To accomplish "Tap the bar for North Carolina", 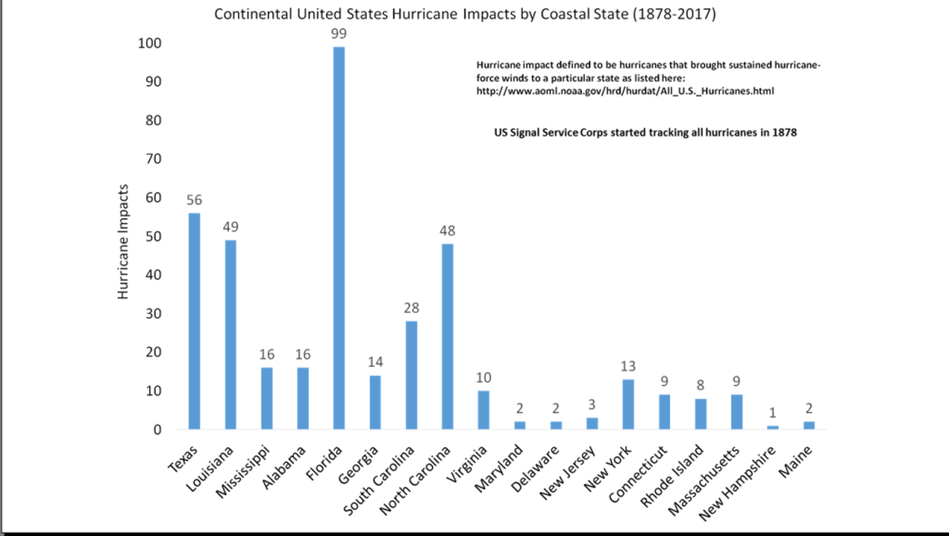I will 448,336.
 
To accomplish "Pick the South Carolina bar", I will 411,375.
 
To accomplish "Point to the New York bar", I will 629,404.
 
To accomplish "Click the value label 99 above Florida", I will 338,33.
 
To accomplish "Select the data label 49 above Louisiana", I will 231,226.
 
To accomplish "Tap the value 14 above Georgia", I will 375,362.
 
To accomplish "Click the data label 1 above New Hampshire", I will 773,413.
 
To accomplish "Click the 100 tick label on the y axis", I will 149,43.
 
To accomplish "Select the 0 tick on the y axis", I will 157,429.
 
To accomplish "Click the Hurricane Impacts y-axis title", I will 122,241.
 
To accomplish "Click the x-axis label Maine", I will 796,460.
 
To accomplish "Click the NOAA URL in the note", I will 625,91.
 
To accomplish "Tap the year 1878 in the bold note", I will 783,132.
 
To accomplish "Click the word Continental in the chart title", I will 249,15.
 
